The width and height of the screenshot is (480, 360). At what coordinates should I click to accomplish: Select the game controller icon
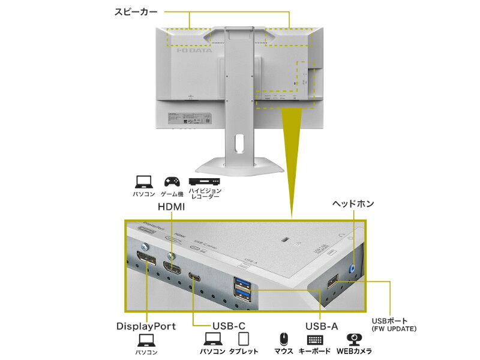pos(171,181)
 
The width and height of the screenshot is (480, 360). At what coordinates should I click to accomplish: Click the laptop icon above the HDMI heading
pos(143,181)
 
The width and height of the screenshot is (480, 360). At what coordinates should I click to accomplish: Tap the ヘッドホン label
pos(353,204)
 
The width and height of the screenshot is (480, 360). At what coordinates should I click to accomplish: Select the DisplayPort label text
pos(146,326)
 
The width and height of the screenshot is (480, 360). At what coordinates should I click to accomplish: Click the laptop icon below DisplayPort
pos(146,341)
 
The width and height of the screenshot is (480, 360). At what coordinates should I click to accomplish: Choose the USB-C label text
pos(229,326)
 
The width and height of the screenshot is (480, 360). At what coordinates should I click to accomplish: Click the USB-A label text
pos(322,326)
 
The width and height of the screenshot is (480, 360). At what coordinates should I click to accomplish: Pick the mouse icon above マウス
pos(284,340)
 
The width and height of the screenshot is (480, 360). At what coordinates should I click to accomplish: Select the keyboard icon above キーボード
pos(315,340)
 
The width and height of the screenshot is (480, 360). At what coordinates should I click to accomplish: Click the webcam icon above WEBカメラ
pos(354,340)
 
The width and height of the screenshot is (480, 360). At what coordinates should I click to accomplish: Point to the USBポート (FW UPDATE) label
pos(394,324)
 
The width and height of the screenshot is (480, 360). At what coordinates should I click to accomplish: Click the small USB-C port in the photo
pos(195,277)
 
